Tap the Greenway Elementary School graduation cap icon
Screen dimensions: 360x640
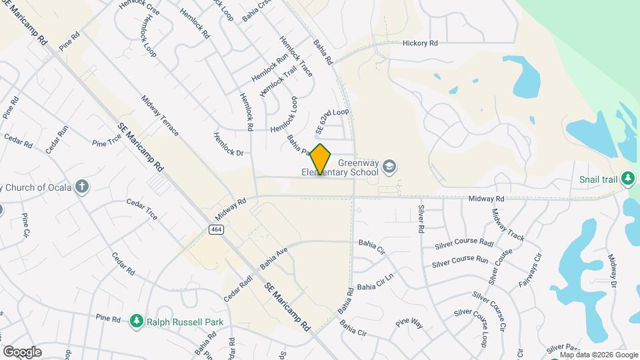(390, 166)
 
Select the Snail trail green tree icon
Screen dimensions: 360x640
(627, 178)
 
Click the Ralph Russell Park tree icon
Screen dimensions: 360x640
(137, 321)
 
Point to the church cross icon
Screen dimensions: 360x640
(81, 185)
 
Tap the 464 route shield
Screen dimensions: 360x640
(215, 229)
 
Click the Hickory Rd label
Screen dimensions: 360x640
(420, 43)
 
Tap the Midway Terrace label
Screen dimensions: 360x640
(160, 115)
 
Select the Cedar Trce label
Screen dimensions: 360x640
(142, 209)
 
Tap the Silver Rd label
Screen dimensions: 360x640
(421, 218)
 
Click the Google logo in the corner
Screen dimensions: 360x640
(22, 352)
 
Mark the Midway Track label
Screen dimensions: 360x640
(508, 225)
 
